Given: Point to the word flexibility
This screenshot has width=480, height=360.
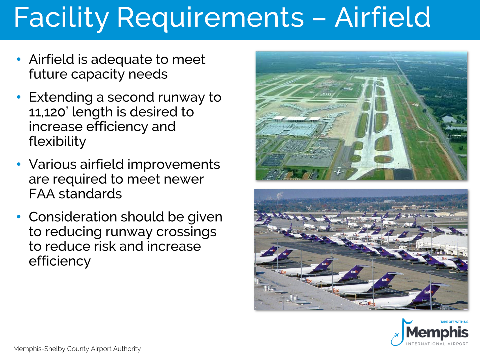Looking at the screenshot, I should click(x=57, y=141).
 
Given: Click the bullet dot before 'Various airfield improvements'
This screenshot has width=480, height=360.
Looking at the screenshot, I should click(x=19, y=164).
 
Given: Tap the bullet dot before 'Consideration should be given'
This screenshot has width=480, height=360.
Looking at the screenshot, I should click(x=19, y=217).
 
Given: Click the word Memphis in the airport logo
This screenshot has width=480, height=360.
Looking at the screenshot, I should click(x=437, y=332).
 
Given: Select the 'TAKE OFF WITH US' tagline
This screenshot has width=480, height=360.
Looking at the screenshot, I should click(x=454, y=322).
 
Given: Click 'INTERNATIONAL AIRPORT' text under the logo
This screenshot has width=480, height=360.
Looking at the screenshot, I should click(x=437, y=344).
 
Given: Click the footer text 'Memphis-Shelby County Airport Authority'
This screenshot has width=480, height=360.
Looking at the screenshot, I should click(x=77, y=349).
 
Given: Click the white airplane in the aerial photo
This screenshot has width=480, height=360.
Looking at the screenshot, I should click(x=339, y=172).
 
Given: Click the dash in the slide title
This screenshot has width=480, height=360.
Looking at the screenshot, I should click(x=319, y=19).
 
